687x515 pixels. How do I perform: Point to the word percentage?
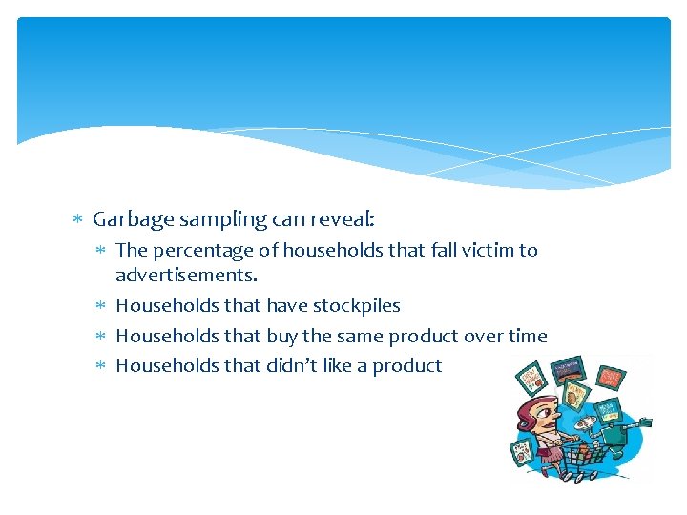pos(200,251)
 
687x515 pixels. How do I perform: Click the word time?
pos(527,336)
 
